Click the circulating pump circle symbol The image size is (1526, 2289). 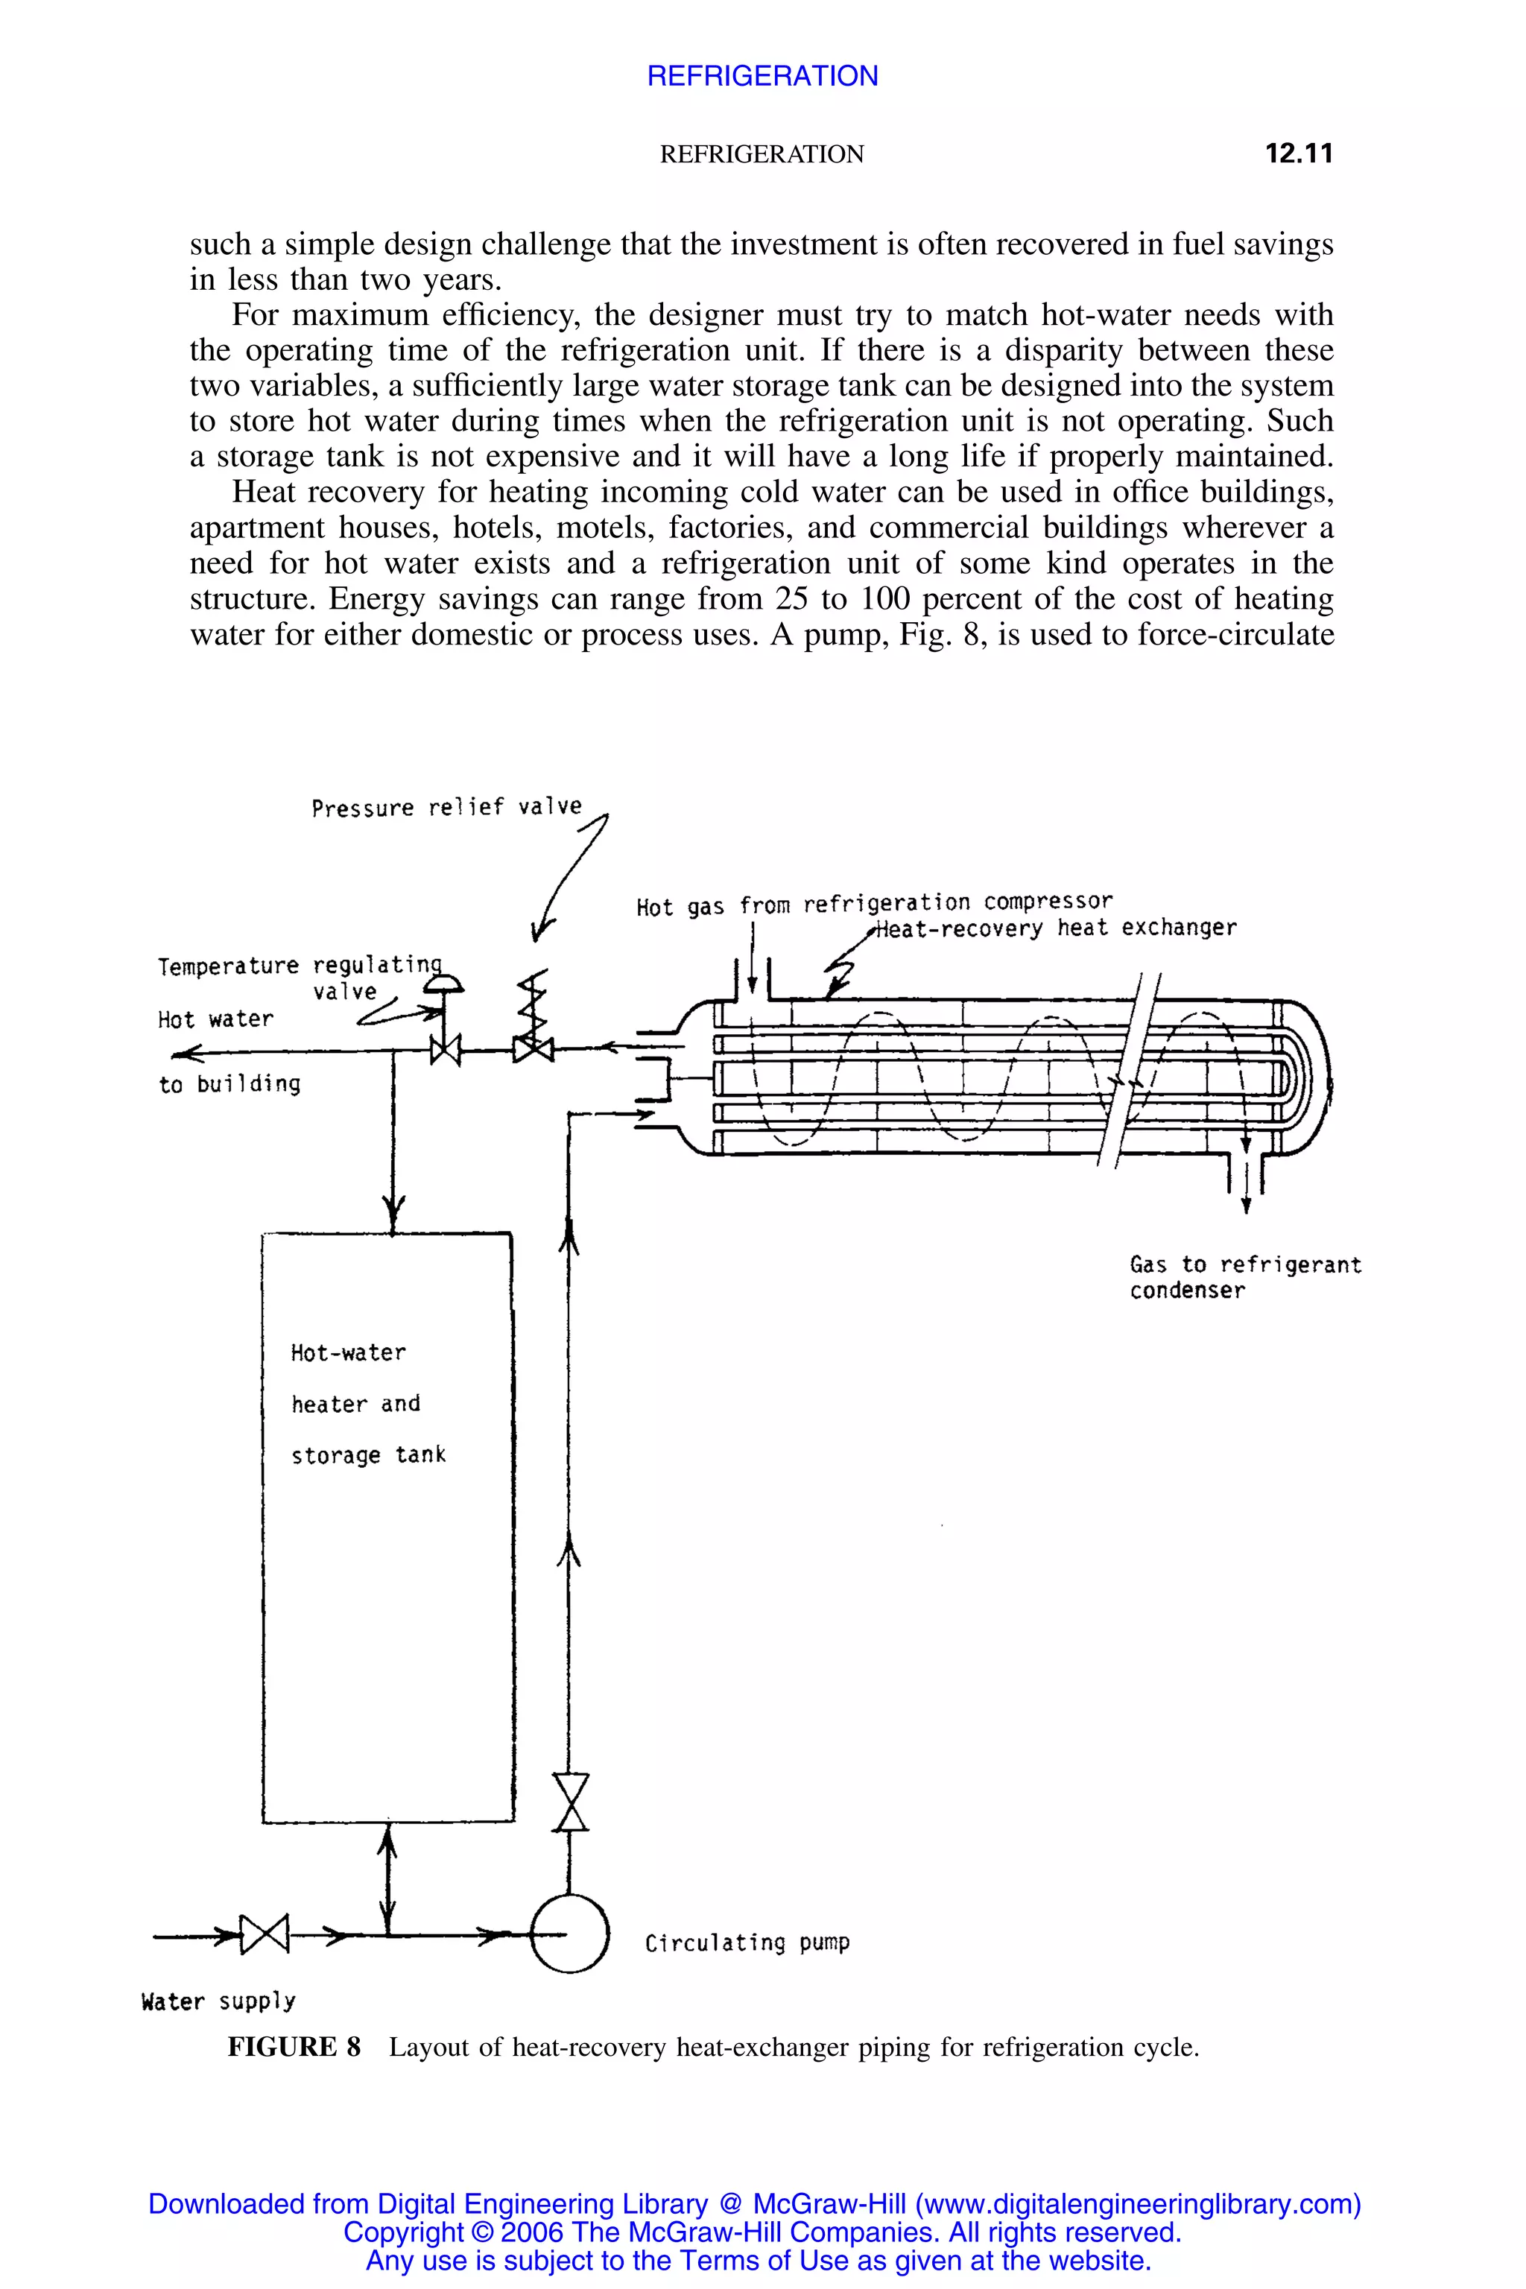pos(569,1933)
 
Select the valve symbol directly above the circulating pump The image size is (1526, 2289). pos(570,1802)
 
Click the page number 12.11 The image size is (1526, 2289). pos(1298,153)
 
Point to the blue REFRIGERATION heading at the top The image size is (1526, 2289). pos(762,76)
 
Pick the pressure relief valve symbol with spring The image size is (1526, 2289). pos(534,1022)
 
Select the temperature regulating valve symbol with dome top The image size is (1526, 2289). pos(445,1022)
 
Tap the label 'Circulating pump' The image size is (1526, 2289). pos(747,1943)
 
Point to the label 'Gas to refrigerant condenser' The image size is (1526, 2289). pos(1244,1277)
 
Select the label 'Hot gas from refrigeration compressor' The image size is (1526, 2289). pos(873,904)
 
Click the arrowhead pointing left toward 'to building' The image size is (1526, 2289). pos(186,1053)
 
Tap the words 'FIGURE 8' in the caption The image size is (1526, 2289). pos(294,2047)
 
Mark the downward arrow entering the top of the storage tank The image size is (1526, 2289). pos(393,1212)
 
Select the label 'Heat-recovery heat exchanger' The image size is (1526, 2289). pos(1056,928)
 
